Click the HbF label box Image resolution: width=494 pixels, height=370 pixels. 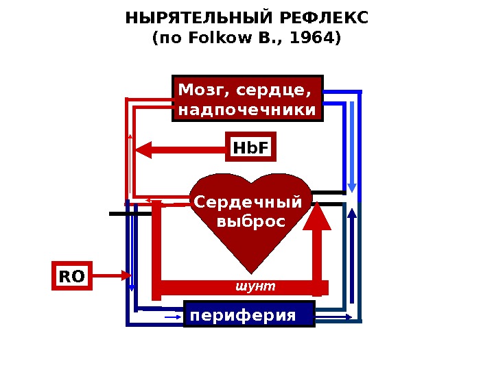[250, 147]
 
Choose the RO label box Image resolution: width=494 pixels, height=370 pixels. [71, 276]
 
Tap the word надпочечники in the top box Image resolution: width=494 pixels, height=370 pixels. [247, 110]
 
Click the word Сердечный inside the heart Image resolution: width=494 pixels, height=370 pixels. [248, 203]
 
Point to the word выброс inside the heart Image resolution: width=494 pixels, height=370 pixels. [250, 223]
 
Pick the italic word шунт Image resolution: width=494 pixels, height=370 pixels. [255, 286]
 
